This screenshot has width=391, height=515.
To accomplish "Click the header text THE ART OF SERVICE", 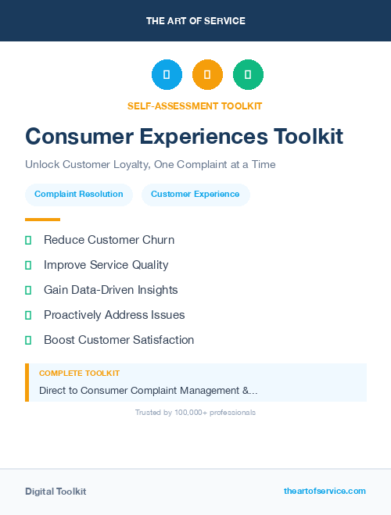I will pos(195,21).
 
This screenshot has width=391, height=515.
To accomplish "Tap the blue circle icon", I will pos(167,75).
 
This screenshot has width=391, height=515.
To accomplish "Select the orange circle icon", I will pos(207,75).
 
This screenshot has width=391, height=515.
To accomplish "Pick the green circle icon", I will pos(248,75).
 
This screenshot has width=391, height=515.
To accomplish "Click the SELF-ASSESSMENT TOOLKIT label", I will pos(195,106).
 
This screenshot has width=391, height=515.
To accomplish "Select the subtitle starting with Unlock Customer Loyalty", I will pos(150,165).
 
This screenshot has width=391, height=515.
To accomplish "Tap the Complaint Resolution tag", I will pos(79,195).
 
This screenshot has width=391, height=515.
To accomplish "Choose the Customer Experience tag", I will pos(195,195).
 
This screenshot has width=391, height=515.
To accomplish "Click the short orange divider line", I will pos(42,220).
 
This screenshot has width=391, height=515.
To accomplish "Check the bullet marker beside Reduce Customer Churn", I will pos(28,240).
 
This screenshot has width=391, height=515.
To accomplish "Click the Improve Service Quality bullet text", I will pos(106,265).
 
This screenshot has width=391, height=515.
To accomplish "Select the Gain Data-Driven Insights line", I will pos(110,290).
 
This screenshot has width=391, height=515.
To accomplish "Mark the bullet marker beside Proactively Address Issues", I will pos(28,315).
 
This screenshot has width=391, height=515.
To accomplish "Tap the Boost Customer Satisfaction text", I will pos(119,340).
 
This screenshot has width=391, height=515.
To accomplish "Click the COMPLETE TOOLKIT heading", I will pos(79,374).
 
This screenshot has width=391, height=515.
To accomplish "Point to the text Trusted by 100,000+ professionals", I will pos(195,412).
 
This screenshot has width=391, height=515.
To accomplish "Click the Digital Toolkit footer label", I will pos(56,492).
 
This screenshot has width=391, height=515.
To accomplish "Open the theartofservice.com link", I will pos(325,491).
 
